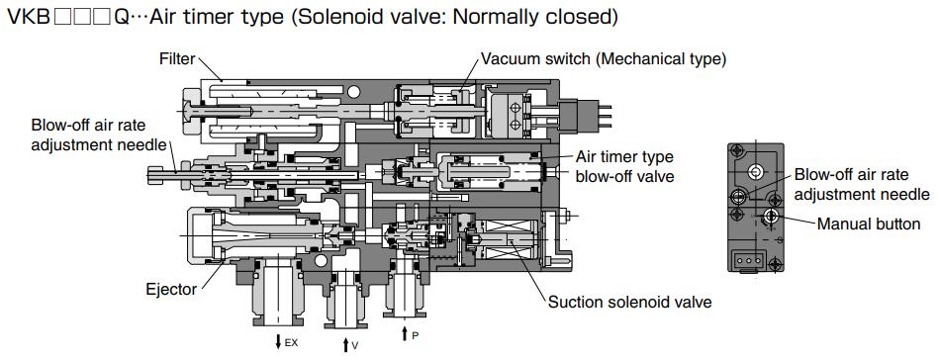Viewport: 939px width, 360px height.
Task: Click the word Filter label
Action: pyautogui.click(x=178, y=59)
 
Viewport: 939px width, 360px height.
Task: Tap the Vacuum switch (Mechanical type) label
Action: pyautogui.click(x=604, y=59)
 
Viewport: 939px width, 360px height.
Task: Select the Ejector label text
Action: pyautogui.click(x=170, y=290)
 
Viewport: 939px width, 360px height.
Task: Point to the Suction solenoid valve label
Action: pyautogui.click(x=629, y=301)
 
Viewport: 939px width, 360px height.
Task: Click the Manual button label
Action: pyautogui.click(x=868, y=225)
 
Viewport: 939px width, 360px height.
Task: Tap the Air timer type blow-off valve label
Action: pyautogui.click(x=625, y=166)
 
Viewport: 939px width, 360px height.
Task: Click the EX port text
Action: pyautogui.click(x=291, y=343)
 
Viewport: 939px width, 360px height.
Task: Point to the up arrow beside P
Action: pyautogui.click(x=406, y=334)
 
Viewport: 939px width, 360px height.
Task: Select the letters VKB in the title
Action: pyautogui.click(x=27, y=18)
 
